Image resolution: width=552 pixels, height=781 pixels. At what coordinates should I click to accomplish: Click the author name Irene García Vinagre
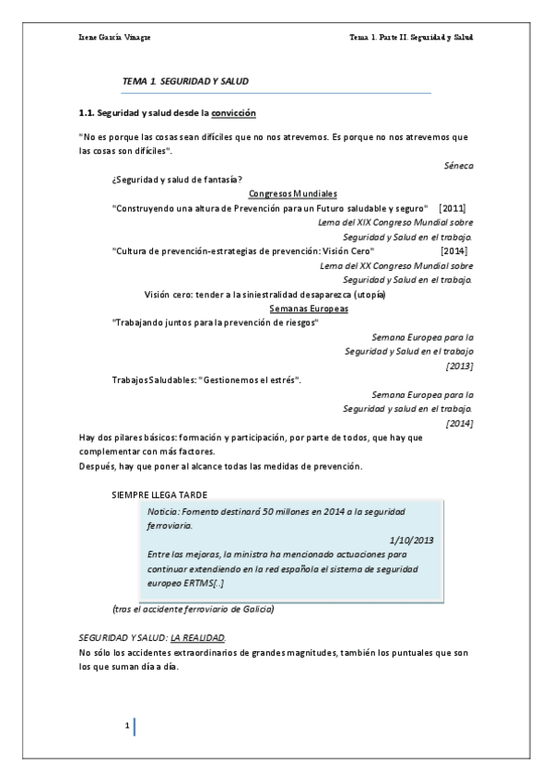[108, 38]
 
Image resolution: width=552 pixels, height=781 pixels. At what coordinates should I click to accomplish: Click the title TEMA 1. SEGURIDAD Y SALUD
[185, 82]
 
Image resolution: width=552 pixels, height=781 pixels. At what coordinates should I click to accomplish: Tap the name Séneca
[458, 166]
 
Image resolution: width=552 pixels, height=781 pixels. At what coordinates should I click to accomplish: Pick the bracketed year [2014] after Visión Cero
[454, 251]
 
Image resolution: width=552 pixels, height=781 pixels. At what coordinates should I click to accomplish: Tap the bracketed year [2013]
[459, 366]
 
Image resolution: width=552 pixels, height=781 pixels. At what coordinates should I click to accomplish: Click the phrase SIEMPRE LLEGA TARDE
[159, 495]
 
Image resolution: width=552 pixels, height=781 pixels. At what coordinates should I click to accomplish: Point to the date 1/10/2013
[412, 540]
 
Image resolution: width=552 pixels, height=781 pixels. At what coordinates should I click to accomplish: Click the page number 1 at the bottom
[127, 727]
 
